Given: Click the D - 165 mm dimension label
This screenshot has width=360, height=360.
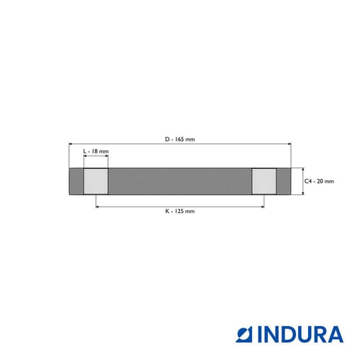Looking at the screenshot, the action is click(x=180, y=139).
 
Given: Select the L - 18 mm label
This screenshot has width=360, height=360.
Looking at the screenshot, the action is click(x=96, y=151).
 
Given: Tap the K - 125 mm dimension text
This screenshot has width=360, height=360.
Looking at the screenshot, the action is click(x=180, y=211).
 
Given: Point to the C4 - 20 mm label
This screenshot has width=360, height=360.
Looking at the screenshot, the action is click(x=319, y=181).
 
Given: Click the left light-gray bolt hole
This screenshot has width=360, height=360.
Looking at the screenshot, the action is click(x=96, y=181).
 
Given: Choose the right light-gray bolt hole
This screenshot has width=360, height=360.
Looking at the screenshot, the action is click(x=264, y=181).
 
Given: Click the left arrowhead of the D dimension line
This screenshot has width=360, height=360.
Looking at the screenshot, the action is click(x=70, y=144).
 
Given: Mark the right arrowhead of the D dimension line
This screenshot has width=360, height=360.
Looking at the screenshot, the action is click(x=290, y=144).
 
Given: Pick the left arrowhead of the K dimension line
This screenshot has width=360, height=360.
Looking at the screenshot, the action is click(x=97, y=207).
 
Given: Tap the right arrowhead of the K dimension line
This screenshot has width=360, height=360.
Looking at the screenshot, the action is click(x=263, y=207).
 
